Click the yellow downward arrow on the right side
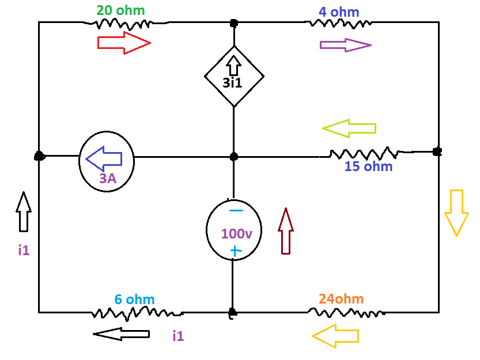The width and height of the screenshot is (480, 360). point(455,212)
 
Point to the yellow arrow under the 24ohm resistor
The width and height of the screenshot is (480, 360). point(335,335)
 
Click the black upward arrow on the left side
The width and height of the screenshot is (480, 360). point(23,211)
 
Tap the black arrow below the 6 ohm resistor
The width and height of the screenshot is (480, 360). point(121,334)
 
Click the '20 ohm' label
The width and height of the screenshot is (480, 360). point(120,10)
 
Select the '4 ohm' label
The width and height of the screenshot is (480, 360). point(339,12)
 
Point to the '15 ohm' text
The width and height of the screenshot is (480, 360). point(368,167)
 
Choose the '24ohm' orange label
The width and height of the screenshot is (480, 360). point(341,299)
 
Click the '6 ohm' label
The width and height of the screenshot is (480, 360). point(134,300)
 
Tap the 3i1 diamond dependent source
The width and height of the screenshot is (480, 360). point(234,76)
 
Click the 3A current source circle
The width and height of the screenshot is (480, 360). point(107,161)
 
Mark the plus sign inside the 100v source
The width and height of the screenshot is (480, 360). point(235,251)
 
